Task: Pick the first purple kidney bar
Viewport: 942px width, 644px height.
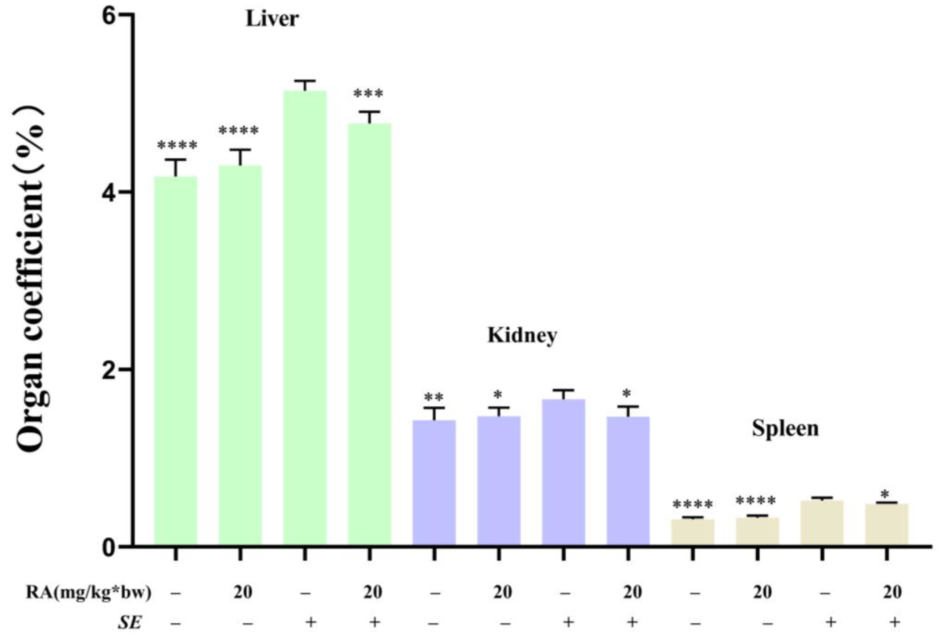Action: click(x=434, y=483)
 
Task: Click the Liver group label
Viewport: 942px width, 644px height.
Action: click(x=272, y=19)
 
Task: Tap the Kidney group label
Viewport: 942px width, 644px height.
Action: click(x=522, y=335)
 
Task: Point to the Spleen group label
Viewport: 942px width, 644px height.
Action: click(x=785, y=428)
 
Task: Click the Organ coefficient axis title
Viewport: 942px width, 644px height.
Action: click(x=30, y=280)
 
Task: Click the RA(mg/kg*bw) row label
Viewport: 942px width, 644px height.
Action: click(x=88, y=592)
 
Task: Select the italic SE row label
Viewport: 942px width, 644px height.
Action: click(x=130, y=622)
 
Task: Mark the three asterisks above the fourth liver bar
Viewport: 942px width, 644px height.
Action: click(x=368, y=94)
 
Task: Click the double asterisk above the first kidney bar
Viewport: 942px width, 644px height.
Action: click(x=434, y=397)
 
